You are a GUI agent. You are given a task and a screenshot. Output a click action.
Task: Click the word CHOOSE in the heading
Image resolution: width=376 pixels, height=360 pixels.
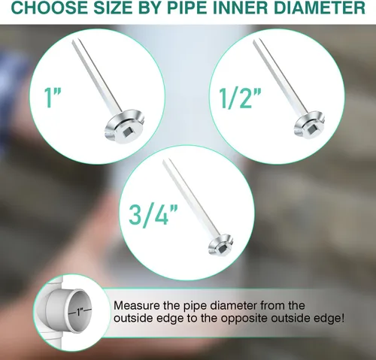[x=48, y=8]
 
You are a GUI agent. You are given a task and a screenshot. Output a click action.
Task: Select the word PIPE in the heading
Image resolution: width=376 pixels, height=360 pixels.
[x=190, y=8]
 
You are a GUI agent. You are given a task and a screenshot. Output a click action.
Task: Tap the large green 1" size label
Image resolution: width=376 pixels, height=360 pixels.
[x=53, y=98]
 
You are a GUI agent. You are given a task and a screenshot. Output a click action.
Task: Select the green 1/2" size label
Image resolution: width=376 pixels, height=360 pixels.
[x=240, y=98]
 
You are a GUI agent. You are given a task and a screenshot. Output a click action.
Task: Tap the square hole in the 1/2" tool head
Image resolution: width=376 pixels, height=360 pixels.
[x=312, y=129]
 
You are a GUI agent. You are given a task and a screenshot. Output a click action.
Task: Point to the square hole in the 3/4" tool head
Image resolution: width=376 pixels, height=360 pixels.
[x=223, y=249]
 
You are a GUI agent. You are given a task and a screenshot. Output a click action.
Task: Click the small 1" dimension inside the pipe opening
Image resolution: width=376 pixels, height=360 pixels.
[x=80, y=312]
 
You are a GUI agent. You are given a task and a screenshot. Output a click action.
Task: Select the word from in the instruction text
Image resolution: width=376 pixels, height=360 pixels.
[x=272, y=306]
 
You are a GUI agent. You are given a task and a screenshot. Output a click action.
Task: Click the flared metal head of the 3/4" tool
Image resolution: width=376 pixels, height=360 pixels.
[x=221, y=245]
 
